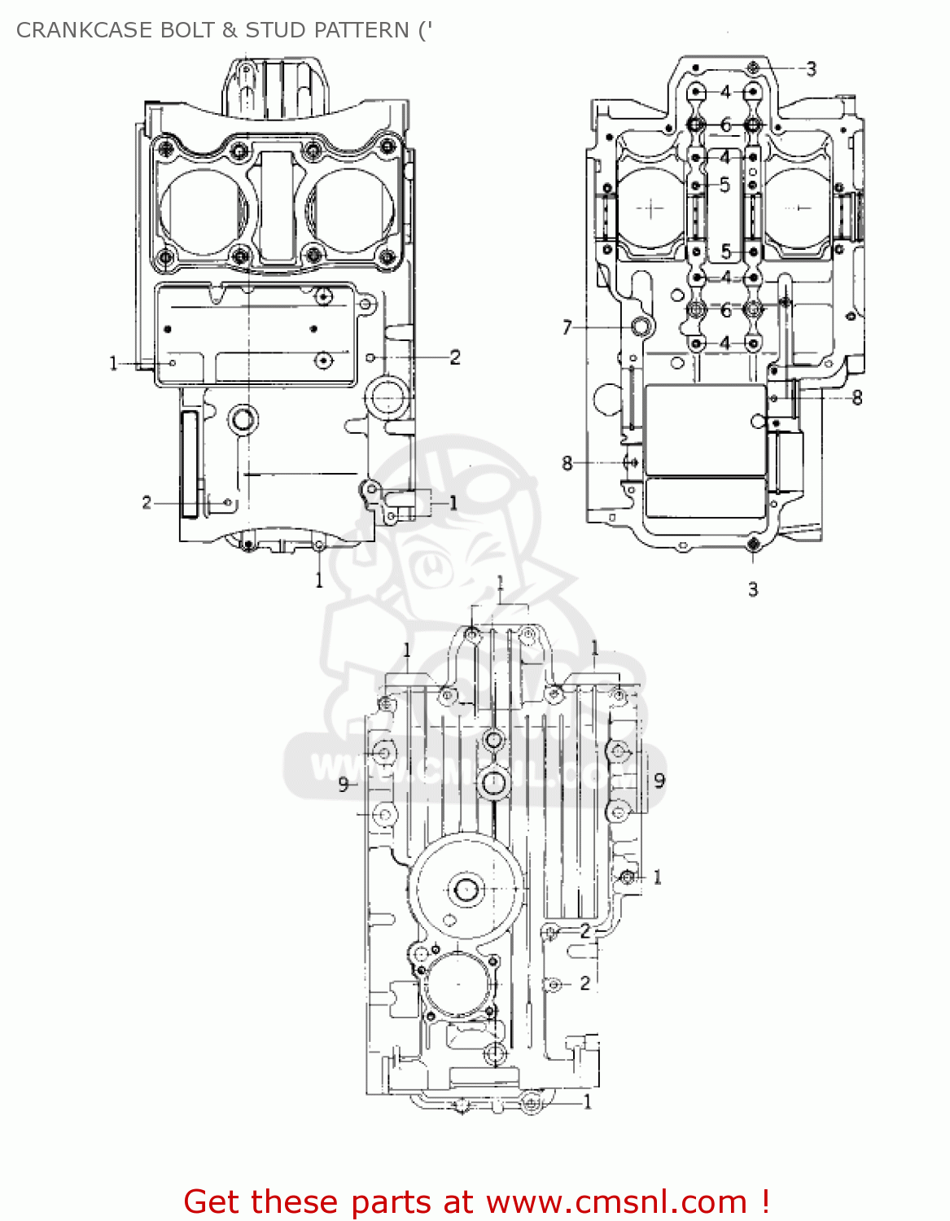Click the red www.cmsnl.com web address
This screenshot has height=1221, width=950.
pos(616,1201)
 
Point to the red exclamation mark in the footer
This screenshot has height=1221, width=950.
pos(765,1201)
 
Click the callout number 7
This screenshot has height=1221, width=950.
pos(567,327)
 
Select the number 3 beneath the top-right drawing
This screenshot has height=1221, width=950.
pos(753,589)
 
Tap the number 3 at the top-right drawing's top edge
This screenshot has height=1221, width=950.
pos(811,69)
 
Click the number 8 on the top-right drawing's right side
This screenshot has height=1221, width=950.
pos(856,398)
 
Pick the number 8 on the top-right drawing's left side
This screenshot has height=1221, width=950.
pos(567,463)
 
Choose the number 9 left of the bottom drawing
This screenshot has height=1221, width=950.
pos(344,784)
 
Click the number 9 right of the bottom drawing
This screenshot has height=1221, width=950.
pos(659,780)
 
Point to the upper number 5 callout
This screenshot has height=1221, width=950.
pos(725,186)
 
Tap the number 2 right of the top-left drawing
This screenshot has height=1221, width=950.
pos(455,357)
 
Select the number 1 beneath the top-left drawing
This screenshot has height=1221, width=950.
pos(319,580)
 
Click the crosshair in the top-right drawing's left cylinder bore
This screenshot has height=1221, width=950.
pos(650,208)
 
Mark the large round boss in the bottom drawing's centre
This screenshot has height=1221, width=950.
pos(466,889)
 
